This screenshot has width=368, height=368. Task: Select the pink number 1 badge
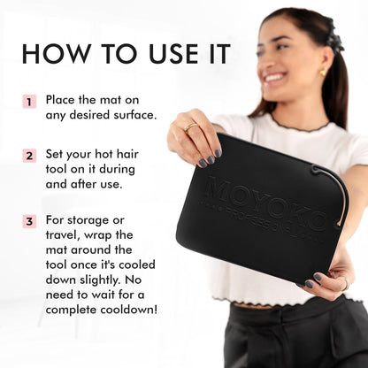(x=29, y=102)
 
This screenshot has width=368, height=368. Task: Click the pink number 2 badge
(x=29, y=155)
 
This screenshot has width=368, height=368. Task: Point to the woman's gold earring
(x=321, y=72)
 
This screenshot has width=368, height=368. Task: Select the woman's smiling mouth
(x=276, y=78)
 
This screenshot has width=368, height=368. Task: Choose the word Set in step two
(x=56, y=155)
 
